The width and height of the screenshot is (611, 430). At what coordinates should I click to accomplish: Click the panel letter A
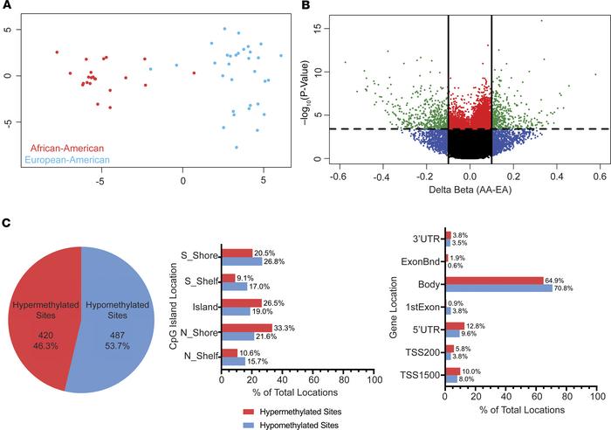(x=7, y=7)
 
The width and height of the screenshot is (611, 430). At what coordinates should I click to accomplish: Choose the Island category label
(x=203, y=305)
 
